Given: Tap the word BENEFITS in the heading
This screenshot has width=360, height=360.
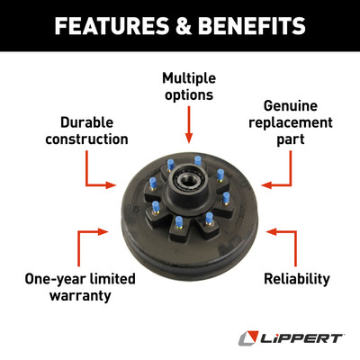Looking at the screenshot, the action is click(x=252, y=25).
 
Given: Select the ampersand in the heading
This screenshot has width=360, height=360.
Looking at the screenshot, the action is click(x=184, y=25).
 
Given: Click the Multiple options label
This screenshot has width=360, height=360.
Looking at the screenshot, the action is click(x=189, y=86).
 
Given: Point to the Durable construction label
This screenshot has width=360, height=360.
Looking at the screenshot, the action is click(x=86, y=130).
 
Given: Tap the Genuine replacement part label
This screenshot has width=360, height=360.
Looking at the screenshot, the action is click(x=291, y=122).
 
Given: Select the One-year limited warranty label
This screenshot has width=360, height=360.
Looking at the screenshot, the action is click(x=80, y=287).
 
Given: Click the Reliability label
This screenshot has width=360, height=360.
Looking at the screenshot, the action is click(x=297, y=279).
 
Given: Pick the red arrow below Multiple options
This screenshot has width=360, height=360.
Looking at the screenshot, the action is click(x=189, y=124).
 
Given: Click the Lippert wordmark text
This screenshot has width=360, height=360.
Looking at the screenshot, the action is click(x=301, y=338).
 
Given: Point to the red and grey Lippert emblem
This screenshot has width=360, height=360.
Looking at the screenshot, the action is click(x=248, y=337).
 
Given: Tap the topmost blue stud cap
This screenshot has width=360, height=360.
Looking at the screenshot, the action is click(x=197, y=161).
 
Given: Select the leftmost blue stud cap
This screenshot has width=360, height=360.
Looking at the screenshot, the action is click(x=153, y=183).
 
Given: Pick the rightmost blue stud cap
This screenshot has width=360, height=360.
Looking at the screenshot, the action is click(x=226, y=198).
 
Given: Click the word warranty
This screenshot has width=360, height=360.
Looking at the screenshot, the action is click(x=80, y=295).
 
